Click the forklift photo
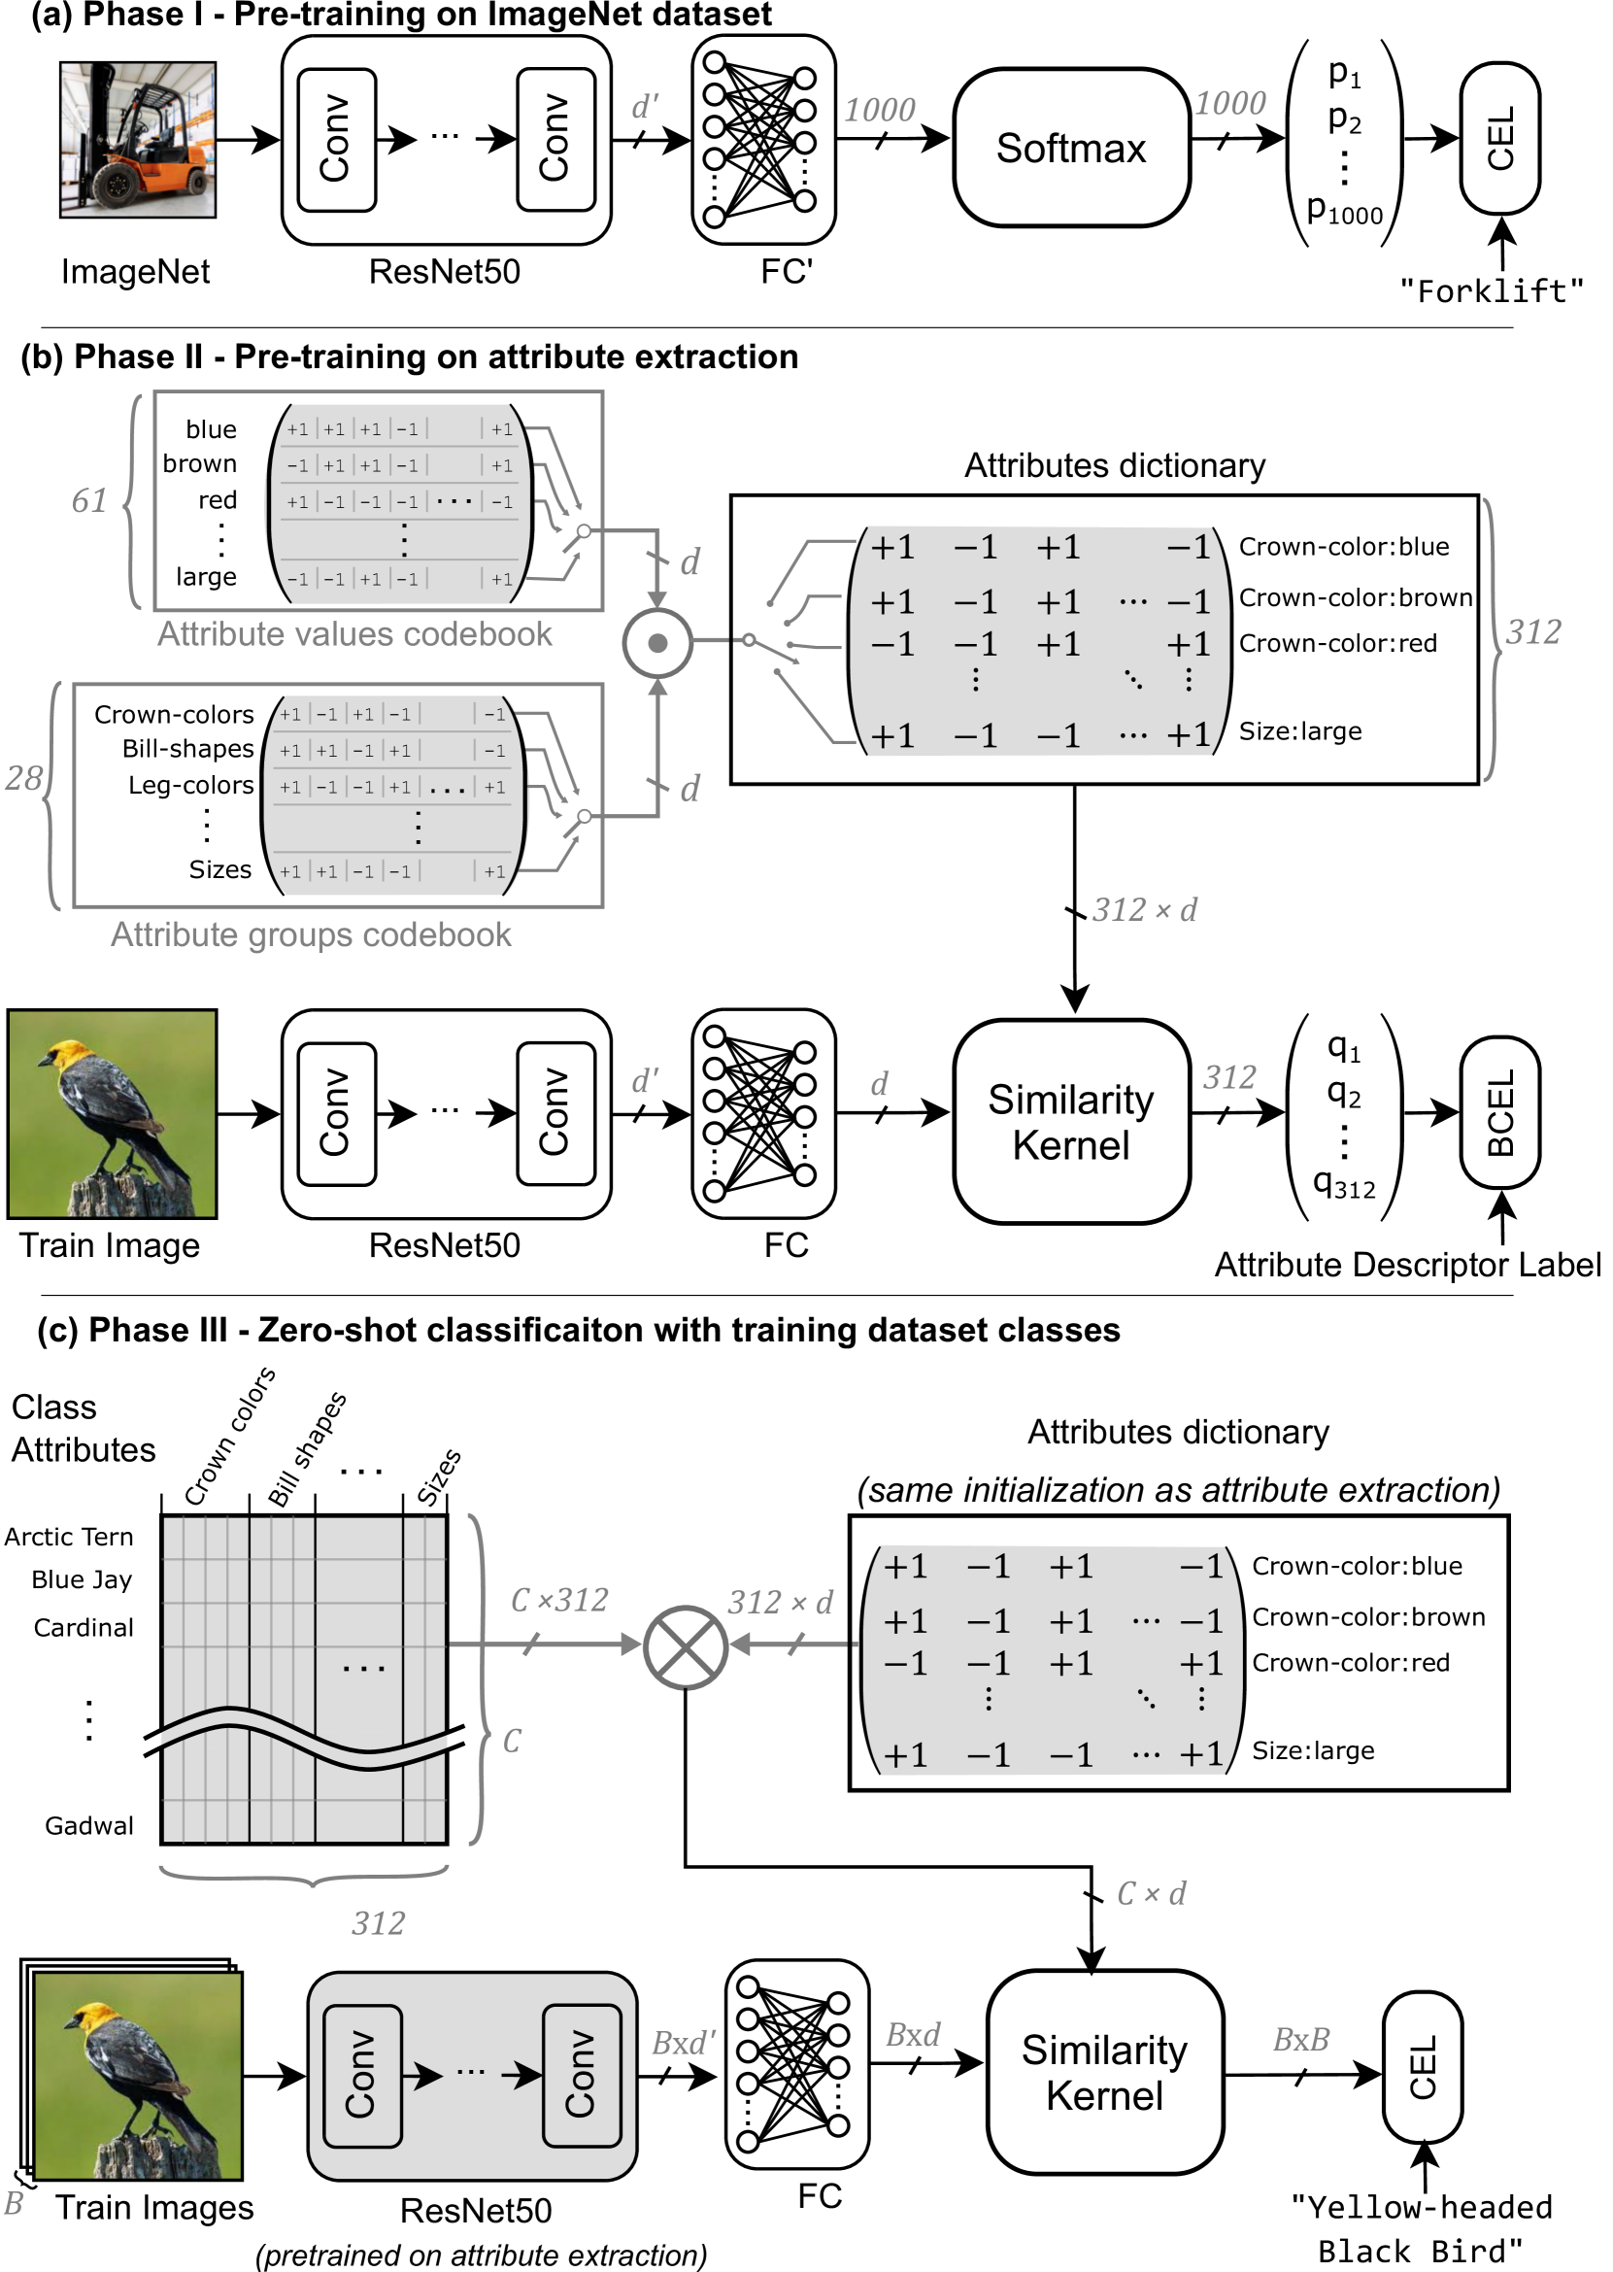click(x=137, y=139)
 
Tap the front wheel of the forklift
click(x=118, y=185)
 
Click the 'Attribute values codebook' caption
click(x=354, y=634)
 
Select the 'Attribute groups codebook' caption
click(x=311, y=934)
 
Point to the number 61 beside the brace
click(x=88, y=499)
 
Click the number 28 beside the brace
click(x=24, y=777)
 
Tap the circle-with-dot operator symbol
click(x=656, y=644)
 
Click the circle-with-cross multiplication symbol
click(x=686, y=1647)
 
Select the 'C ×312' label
click(x=559, y=1600)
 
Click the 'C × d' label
click(x=1151, y=1892)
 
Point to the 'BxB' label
click(x=1300, y=2040)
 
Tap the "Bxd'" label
click(x=684, y=2043)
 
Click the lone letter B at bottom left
click(x=14, y=2203)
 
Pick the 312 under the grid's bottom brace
click(x=379, y=1923)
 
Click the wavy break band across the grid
click(x=304, y=1739)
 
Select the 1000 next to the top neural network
click(x=879, y=110)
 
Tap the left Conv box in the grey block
click(x=362, y=2074)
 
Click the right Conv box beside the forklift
click(x=555, y=139)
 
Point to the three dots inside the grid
click(x=363, y=1669)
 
